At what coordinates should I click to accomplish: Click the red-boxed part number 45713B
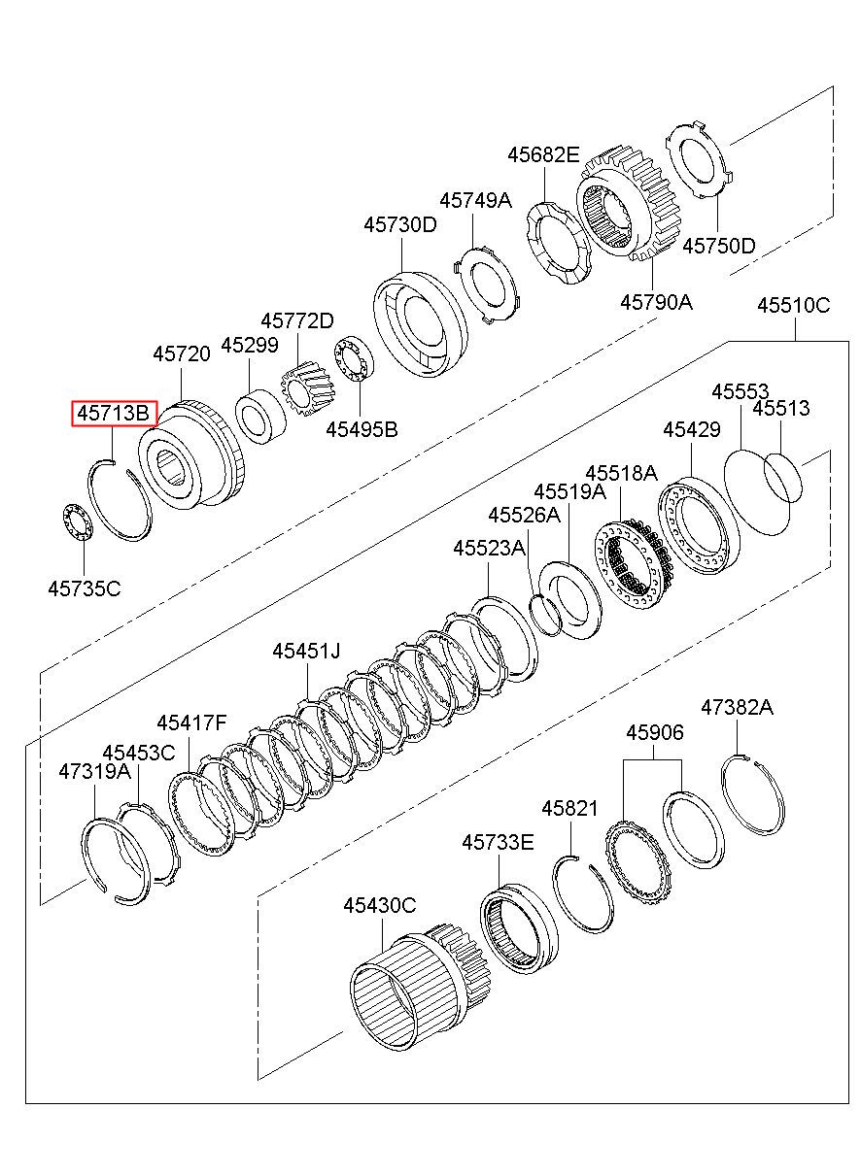click(x=114, y=414)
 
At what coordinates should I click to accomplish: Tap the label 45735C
click(x=84, y=588)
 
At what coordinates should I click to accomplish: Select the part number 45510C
click(x=793, y=305)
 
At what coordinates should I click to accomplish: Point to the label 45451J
click(x=306, y=651)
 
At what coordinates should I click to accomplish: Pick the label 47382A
click(x=737, y=708)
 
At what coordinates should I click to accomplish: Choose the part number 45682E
click(x=543, y=154)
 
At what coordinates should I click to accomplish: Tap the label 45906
click(x=655, y=732)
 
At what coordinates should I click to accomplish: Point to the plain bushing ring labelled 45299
click(x=260, y=417)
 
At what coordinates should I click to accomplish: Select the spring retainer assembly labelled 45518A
click(x=634, y=563)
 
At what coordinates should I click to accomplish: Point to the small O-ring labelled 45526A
click(x=546, y=615)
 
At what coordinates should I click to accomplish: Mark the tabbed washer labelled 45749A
click(x=486, y=286)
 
